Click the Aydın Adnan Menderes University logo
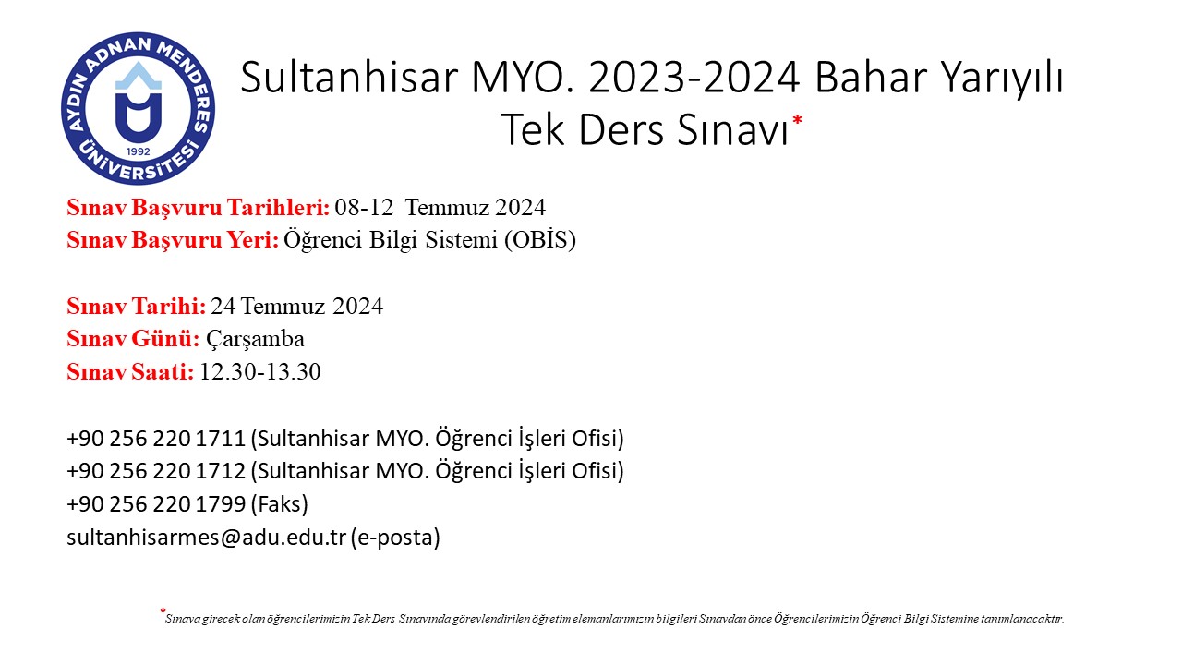click(x=139, y=109)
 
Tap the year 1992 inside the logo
click(x=139, y=151)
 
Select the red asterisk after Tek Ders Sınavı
click(x=797, y=120)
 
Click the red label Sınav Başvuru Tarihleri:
click(x=199, y=208)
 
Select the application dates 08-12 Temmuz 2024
click(x=440, y=208)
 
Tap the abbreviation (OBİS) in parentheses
click(x=540, y=240)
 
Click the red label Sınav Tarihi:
click(x=136, y=307)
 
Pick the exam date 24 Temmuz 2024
click(x=297, y=307)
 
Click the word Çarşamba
click(x=256, y=339)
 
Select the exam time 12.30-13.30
click(x=260, y=372)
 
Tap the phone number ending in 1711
click(x=156, y=439)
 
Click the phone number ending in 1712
click(x=156, y=471)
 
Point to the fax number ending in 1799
click(x=156, y=504)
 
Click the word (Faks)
click(x=279, y=504)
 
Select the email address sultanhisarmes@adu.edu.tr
click(x=206, y=538)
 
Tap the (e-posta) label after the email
click(x=395, y=538)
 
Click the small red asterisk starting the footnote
click(x=163, y=611)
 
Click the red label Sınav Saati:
click(x=130, y=372)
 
